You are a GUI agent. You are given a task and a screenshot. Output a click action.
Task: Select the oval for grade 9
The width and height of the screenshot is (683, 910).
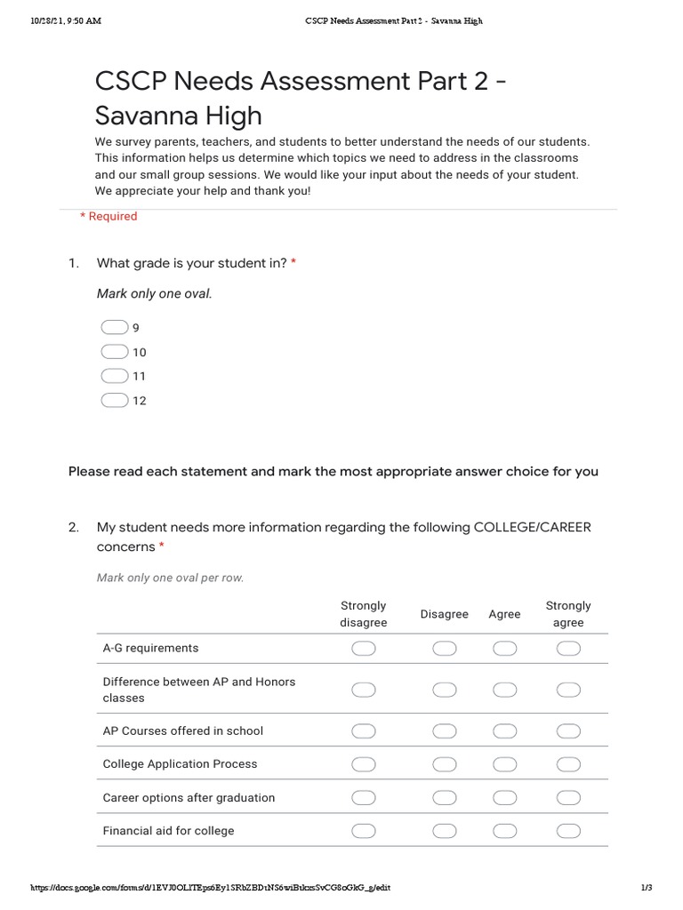coord(115,327)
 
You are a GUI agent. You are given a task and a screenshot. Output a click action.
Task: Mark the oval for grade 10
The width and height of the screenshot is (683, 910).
coord(115,352)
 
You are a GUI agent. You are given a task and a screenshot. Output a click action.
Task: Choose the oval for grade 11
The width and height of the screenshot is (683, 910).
coord(115,376)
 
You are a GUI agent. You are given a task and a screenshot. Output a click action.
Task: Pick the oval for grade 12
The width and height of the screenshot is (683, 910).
coord(115,400)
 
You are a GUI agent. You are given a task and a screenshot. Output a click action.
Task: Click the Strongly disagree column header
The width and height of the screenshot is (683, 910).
coord(364,614)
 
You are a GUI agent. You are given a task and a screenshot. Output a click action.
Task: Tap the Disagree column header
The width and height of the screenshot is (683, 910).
coord(444,614)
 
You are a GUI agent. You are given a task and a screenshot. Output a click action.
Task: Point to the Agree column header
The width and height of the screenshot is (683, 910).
coord(504,614)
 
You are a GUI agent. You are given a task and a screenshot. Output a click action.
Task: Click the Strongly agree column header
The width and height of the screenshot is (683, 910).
coord(568,614)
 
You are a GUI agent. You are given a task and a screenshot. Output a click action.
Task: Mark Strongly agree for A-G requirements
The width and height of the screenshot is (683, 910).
coord(568,650)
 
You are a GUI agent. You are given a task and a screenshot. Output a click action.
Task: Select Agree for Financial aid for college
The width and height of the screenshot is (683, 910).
coord(504,831)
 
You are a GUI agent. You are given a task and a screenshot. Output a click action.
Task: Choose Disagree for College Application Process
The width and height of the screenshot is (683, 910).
coord(444,764)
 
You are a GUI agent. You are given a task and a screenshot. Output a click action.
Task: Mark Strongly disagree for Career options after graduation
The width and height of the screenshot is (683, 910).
coord(364,797)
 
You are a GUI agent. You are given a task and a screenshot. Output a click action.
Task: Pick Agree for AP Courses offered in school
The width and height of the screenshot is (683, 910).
coord(504,731)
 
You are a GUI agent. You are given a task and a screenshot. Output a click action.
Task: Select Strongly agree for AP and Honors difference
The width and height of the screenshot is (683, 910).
coord(568,690)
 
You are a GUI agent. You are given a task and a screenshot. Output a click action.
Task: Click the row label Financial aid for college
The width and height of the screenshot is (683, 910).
coord(169,831)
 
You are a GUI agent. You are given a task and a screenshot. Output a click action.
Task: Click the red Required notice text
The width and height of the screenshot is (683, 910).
coord(108,216)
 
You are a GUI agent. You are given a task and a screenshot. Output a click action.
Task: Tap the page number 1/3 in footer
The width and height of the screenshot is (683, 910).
coord(647,888)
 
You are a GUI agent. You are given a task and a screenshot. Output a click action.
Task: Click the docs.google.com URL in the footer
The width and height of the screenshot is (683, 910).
coord(211,888)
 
